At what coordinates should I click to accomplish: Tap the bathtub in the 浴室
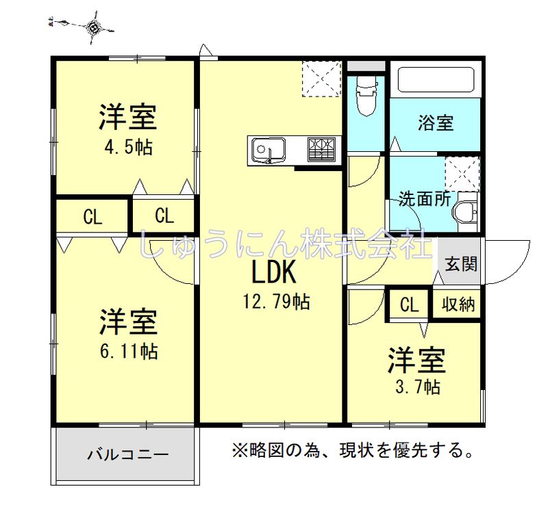436,79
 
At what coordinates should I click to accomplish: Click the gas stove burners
321,150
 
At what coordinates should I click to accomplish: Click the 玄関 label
461,263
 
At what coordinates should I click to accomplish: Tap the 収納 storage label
458,304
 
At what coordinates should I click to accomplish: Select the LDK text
273,272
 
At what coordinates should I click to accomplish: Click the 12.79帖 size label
276,301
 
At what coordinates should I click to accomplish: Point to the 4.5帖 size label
129,148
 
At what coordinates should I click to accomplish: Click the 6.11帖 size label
129,351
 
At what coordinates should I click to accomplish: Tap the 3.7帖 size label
417,387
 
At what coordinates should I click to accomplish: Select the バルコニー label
128,454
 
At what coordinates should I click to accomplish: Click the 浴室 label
436,123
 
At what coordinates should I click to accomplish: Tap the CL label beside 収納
409,305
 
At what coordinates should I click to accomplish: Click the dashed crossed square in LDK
321,79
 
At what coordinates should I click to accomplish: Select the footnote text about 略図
353,450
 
